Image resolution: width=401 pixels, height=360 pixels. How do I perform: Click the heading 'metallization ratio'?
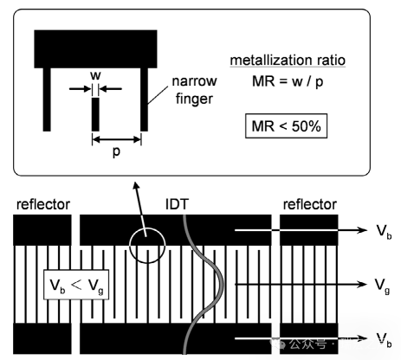click(x=288, y=61)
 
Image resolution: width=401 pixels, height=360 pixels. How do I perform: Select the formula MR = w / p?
click(x=288, y=81)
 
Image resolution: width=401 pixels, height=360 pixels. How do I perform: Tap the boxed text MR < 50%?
click(x=286, y=126)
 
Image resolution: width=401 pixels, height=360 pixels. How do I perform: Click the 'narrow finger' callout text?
click(x=194, y=90)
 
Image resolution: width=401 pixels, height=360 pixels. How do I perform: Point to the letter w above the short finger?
click(x=95, y=75)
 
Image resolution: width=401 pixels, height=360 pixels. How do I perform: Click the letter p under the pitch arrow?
click(x=116, y=151)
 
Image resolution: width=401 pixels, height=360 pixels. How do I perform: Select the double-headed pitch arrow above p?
click(x=117, y=139)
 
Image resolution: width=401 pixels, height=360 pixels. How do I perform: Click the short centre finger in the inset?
click(x=95, y=114)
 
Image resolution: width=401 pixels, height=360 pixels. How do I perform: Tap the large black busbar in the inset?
click(x=95, y=49)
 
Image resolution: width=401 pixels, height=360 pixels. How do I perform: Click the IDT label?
click(x=177, y=204)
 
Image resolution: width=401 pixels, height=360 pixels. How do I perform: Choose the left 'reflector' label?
click(x=43, y=204)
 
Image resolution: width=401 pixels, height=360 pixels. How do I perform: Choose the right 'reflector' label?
click(x=310, y=204)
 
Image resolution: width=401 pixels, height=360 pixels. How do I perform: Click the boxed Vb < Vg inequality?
click(x=76, y=285)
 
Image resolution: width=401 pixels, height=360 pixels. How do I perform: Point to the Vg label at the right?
click(x=383, y=286)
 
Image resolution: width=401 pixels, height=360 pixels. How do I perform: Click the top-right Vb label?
click(x=385, y=231)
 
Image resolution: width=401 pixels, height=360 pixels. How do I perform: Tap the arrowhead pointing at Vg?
click(x=361, y=284)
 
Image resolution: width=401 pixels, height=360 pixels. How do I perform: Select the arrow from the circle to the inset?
click(x=140, y=209)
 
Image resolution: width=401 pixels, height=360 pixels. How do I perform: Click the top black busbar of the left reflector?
click(x=42, y=230)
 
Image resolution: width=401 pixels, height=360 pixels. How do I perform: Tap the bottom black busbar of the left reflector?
click(x=42, y=338)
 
